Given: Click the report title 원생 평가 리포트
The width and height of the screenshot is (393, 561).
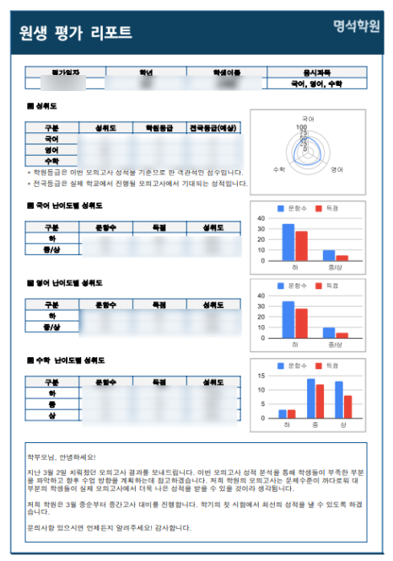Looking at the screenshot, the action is [x=76, y=32].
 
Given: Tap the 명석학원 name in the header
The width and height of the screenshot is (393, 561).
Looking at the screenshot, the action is [x=356, y=27].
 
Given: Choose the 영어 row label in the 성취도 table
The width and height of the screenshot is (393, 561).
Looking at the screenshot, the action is [x=51, y=149].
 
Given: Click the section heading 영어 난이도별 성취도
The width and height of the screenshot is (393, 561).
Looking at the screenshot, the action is [x=63, y=282].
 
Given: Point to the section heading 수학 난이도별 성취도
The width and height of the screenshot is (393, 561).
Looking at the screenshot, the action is [x=65, y=361].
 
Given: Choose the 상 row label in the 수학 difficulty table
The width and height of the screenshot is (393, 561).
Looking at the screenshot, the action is [x=51, y=416].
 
